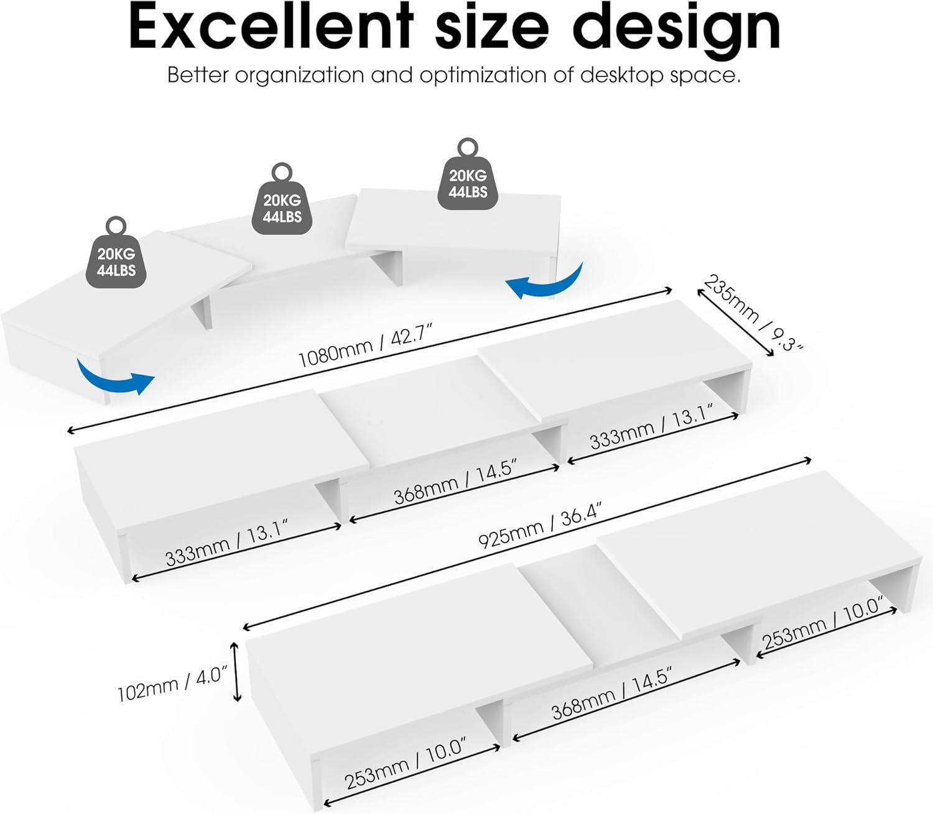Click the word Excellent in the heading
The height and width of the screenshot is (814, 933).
(271, 27)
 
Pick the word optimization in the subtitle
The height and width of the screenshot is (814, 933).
(483, 76)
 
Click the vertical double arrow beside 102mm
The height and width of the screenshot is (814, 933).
(236, 672)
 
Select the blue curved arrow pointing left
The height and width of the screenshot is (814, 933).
(544, 281)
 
